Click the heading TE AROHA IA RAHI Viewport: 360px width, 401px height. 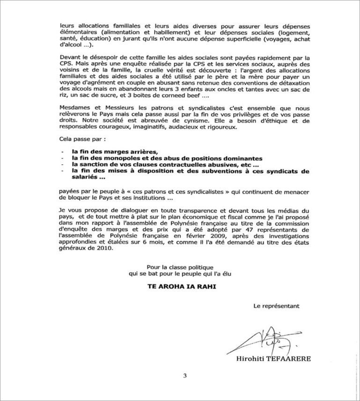(x=180, y=284)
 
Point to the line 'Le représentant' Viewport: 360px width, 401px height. (x=276, y=307)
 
